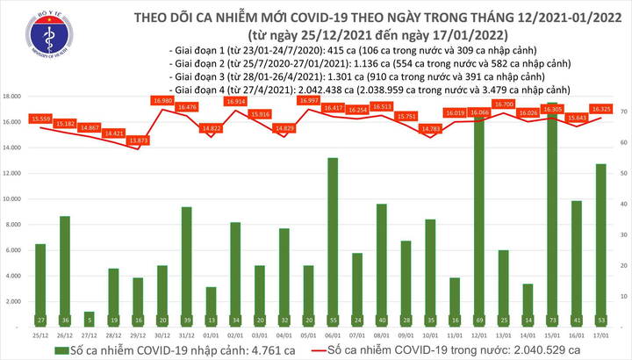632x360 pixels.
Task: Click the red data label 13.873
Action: coord(138,141)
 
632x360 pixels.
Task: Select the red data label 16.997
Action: coord(308,101)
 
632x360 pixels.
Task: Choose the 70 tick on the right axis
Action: coord(621,112)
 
